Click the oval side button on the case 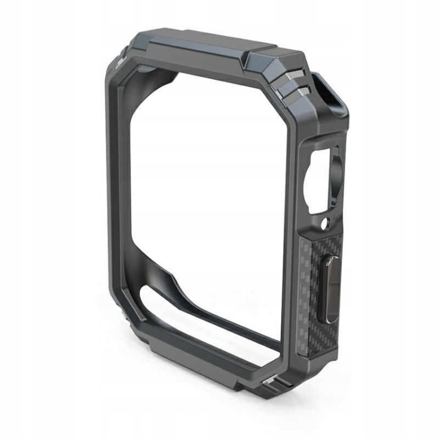[330, 289]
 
